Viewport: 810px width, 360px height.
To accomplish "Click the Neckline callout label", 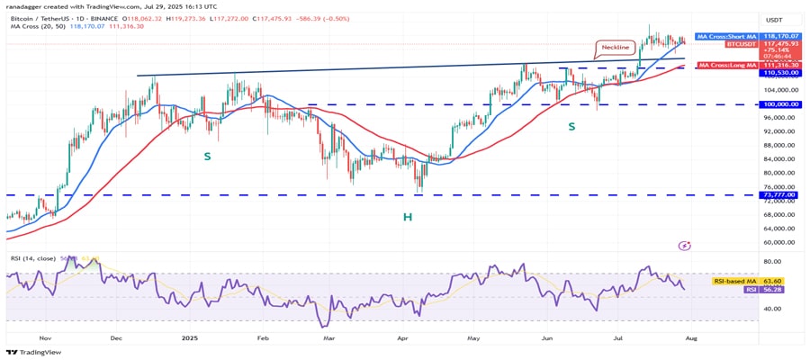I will click(x=616, y=48).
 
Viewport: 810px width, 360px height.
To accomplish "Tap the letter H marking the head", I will click(x=408, y=217).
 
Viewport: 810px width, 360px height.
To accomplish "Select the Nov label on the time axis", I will click(x=45, y=338).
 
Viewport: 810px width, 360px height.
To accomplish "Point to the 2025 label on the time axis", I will click(x=189, y=338).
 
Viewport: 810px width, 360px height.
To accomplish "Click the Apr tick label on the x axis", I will click(x=401, y=338).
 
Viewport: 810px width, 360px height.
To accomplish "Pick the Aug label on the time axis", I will click(x=691, y=338).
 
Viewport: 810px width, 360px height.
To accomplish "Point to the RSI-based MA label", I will click(x=731, y=282).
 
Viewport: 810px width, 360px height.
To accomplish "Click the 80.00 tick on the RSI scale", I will click(x=777, y=262).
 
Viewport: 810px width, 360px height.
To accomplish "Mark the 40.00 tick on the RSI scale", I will click(x=777, y=309).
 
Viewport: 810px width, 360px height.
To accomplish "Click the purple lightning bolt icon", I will click(x=684, y=245).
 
